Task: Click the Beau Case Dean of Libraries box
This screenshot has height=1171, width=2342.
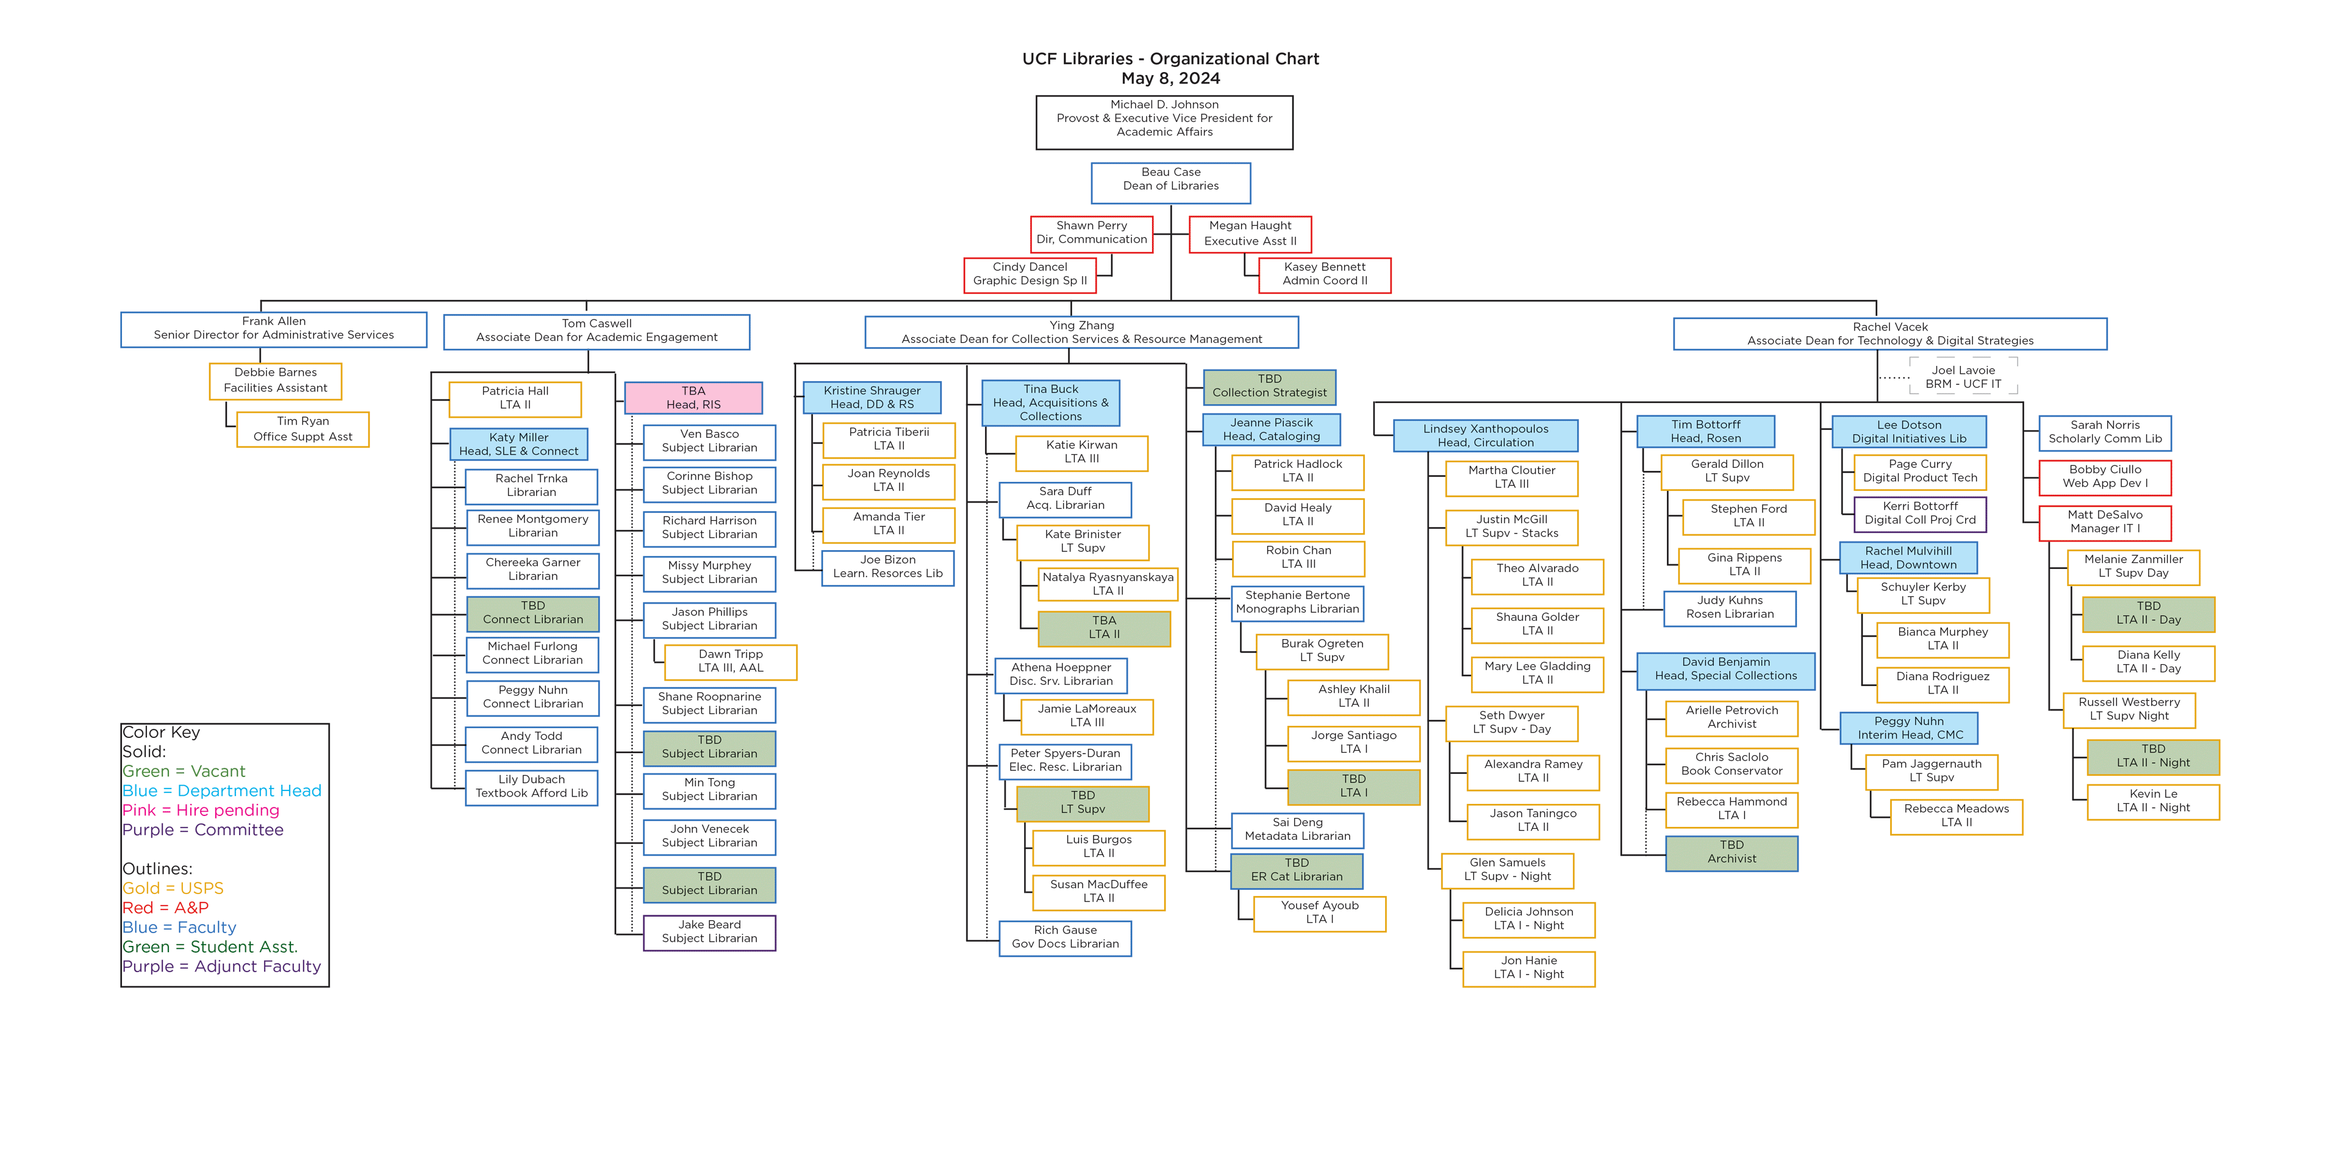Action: click(1170, 183)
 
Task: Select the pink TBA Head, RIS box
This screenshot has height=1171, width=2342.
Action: click(693, 397)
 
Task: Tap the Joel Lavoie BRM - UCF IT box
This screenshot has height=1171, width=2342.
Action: click(1963, 376)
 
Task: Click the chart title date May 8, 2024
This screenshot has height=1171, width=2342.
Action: click(1170, 78)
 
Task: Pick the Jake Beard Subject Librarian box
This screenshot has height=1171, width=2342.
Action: click(709, 932)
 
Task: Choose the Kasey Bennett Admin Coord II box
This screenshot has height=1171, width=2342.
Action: click(1323, 274)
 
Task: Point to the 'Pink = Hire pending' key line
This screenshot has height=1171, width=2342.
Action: click(201, 810)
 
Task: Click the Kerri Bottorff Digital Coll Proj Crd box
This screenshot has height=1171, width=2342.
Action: click(1919, 513)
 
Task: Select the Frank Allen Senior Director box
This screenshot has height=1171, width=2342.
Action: click(274, 328)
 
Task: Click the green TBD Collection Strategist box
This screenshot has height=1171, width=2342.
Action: click(1269, 385)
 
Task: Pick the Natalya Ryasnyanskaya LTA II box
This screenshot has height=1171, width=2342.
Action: click(1108, 584)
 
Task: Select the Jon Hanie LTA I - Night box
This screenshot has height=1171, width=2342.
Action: click(1528, 967)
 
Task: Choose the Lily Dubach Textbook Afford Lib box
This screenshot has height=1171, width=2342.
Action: click(531, 786)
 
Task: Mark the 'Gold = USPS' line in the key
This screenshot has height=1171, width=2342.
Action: click(173, 888)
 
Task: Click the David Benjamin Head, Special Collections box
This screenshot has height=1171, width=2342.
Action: click(1725, 669)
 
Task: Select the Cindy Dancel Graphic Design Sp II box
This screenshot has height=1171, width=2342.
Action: click(1029, 274)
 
